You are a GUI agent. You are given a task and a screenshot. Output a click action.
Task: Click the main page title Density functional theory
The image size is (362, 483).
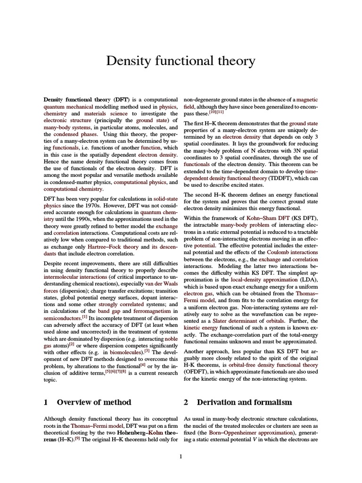181,61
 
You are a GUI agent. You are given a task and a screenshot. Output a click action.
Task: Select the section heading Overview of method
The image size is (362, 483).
94,402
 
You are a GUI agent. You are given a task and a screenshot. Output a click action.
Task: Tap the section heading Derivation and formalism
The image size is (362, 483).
244,402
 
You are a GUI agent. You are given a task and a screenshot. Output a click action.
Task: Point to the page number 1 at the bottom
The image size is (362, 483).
181,457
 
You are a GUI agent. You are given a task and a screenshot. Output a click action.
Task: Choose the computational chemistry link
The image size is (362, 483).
73,189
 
